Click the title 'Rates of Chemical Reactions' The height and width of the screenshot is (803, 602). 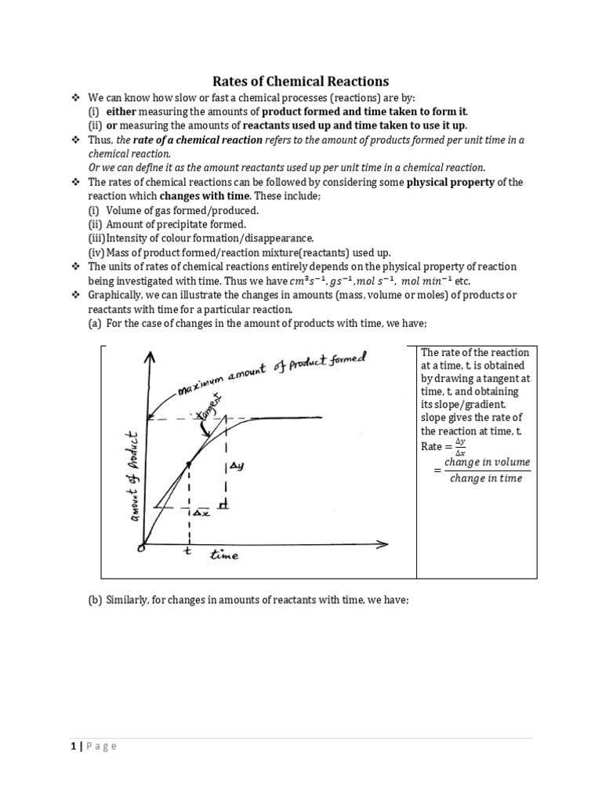(302, 81)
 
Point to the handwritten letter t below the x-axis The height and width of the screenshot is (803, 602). (187, 550)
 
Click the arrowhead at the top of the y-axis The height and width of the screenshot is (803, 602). (149, 356)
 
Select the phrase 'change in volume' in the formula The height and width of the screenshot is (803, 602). (487, 462)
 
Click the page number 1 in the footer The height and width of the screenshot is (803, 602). (71, 746)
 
